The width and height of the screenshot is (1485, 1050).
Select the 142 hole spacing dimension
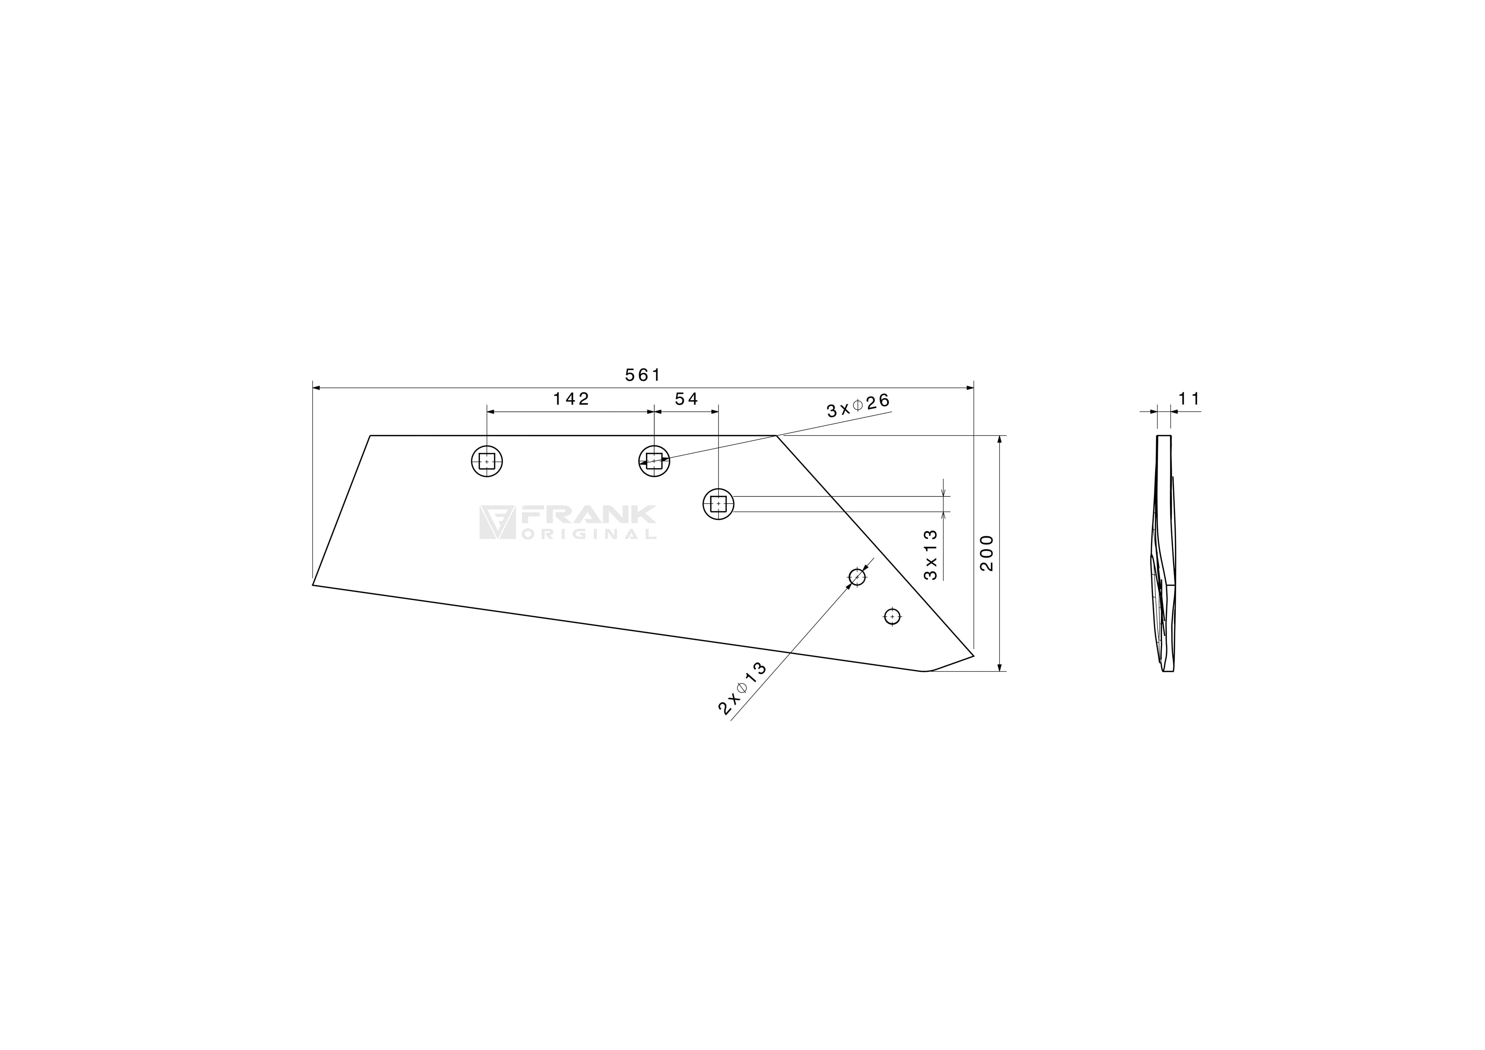coord(571,399)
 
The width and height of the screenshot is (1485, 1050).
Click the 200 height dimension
coord(986,553)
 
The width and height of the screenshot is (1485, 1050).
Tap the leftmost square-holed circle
coord(487,461)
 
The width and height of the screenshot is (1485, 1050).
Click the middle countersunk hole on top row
coord(654,461)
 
